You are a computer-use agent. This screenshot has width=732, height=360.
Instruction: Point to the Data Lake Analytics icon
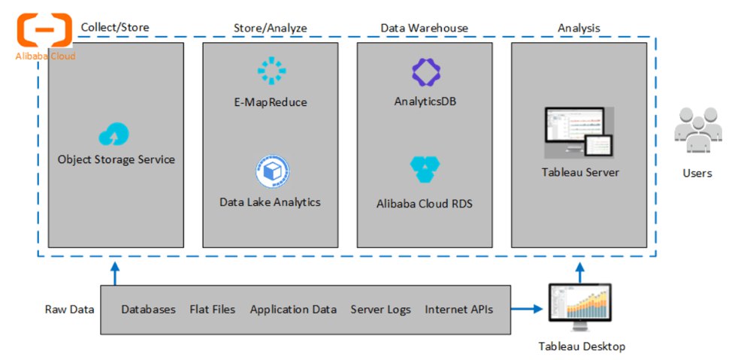(x=271, y=172)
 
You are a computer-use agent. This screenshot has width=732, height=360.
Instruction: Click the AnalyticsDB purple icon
(x=425, y=71)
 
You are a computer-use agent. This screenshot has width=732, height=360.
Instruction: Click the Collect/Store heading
(x=115, y=28)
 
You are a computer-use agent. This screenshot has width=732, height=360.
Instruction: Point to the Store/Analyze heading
(x=271, y=28)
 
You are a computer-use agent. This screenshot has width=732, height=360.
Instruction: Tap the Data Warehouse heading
(x=425, y=28)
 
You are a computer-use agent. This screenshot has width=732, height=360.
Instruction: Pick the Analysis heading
(x=579, y=28)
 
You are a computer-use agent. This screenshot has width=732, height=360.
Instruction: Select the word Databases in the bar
(x=149, y=310)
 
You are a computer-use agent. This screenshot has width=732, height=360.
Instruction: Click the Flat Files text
(x=212, y=310)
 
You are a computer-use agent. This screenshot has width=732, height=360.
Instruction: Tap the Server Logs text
(x=380, y=310)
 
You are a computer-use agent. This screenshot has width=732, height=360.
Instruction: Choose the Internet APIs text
(x=458, y=310)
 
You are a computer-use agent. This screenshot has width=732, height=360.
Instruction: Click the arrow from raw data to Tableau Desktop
(x=528, y=309)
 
